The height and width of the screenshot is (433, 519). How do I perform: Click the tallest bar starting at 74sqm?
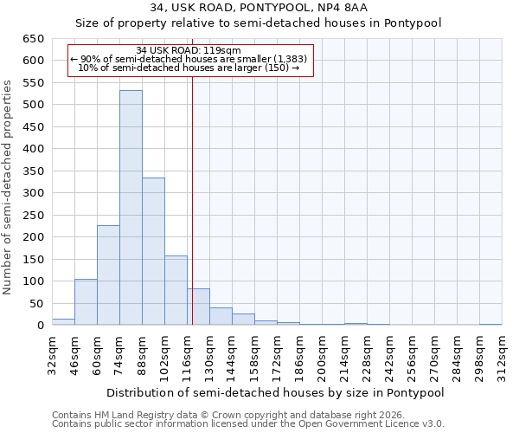pos(131,208)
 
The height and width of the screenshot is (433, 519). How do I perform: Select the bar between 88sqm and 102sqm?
pos(153,251)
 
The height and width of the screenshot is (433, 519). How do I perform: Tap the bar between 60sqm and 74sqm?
pos(108,275)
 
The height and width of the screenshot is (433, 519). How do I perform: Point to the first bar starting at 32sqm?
pos(63,321)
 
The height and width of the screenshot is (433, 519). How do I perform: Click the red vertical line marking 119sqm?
pos(192,199)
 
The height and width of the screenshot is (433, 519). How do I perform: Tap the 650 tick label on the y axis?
pos(33,39)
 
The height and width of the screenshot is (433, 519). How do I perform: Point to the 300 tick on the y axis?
pos(33,193)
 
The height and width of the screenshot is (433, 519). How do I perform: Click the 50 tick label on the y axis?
pos(36,304)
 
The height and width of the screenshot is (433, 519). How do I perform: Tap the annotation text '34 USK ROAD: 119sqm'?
pos(189,51)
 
